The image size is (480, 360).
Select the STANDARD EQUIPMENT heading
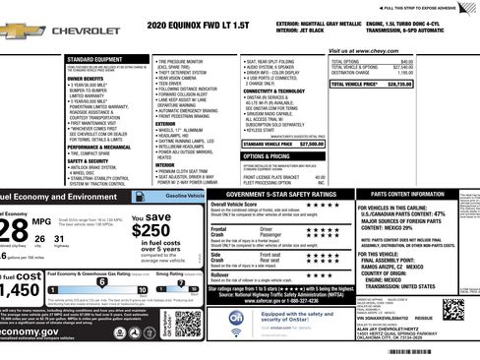(95, 60)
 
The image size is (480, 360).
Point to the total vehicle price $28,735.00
(393, 85)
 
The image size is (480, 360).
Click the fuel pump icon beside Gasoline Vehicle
(202, 197)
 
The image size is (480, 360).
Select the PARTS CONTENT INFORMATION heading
(413, 196)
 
